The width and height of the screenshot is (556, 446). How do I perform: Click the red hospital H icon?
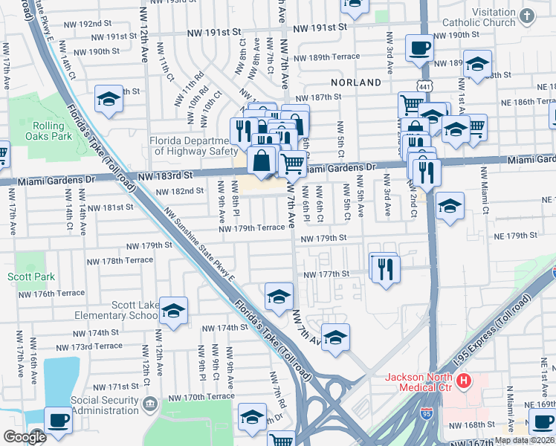point(465,383)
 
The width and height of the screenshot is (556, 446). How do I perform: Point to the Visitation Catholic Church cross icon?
point(526,16)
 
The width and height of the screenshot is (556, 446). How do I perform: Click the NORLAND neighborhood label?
point(356,83)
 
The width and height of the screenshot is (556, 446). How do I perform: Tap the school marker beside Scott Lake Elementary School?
point(173,311)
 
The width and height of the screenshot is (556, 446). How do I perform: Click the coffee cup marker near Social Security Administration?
point(58,421)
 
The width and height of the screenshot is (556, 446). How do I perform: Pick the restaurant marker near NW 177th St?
point(385,268)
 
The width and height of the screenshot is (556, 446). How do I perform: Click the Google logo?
point(24,437)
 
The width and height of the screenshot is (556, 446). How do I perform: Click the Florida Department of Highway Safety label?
point(189,146)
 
